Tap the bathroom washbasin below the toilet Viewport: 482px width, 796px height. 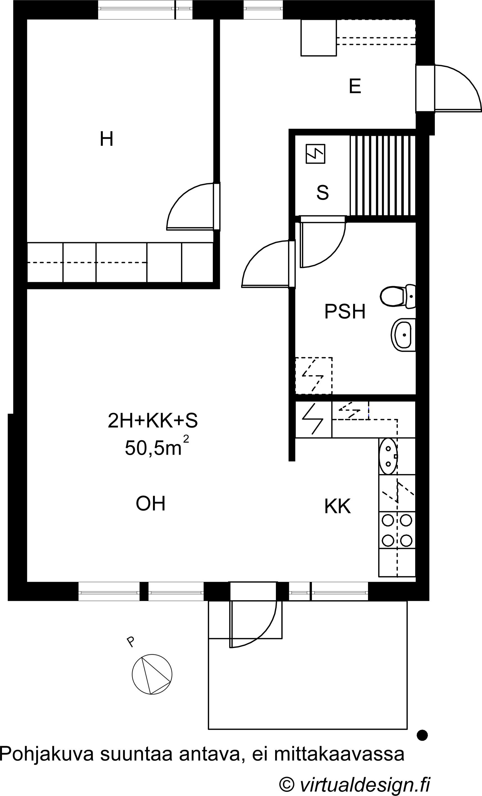(403, 335)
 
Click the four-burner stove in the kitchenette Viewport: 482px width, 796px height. (397, 530)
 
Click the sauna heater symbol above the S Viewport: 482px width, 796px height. (315, 154)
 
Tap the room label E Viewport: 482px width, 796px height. (355, 86)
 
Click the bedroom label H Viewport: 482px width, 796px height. (107, 139)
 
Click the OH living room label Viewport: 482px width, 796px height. (150, 503)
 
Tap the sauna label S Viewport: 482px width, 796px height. (323, 192)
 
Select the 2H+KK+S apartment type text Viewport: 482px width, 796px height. (152, 421)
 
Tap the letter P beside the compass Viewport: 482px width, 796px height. (130, 641)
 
